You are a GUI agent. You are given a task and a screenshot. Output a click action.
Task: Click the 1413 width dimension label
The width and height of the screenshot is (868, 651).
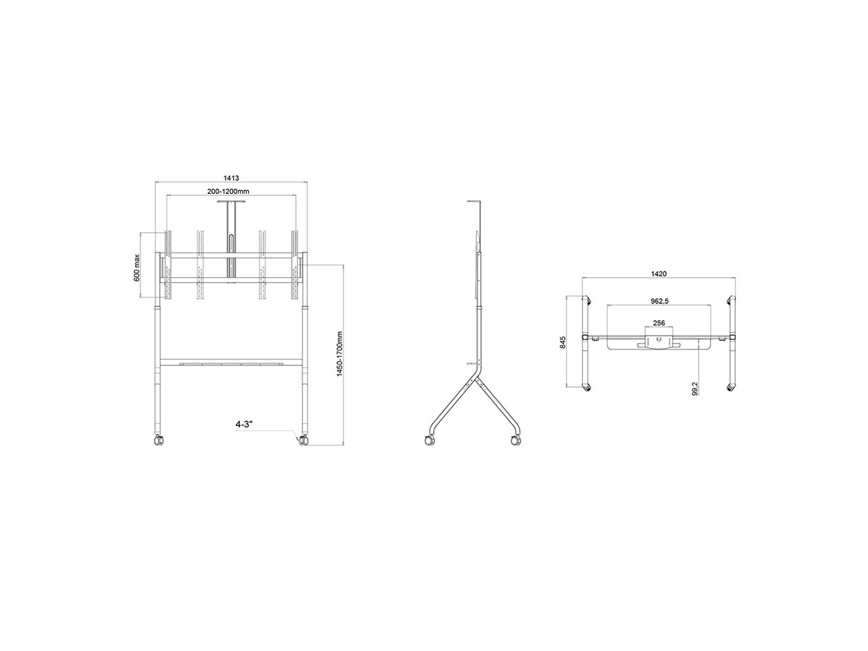pyautogui.click(x=231, y=178)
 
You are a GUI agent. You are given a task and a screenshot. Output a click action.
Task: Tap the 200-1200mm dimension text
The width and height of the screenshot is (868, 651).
pyautogui.click(x=228, y=191)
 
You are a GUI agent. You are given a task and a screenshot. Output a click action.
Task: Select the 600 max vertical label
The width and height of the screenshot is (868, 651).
pyautogui.click(x=137, y=268)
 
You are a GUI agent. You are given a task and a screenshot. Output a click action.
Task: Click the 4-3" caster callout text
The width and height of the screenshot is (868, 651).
pyautogui.click(x=244, y=424)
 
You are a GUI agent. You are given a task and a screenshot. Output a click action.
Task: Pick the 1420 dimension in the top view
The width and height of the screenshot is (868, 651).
pyautogui.click(x=659, y=273)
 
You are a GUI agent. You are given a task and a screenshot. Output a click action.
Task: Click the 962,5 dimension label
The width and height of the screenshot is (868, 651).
pyautogui.click(x=659, y=301)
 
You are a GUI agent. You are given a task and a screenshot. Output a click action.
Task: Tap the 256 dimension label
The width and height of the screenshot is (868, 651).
pyautogui.click(x=659, y=323)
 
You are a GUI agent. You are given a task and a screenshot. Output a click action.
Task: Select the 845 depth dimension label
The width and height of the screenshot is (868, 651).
pyautogui.click(x=563, y=342)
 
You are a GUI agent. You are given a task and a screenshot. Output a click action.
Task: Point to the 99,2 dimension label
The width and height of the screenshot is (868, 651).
pyautogui.click(x=696, y=388)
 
